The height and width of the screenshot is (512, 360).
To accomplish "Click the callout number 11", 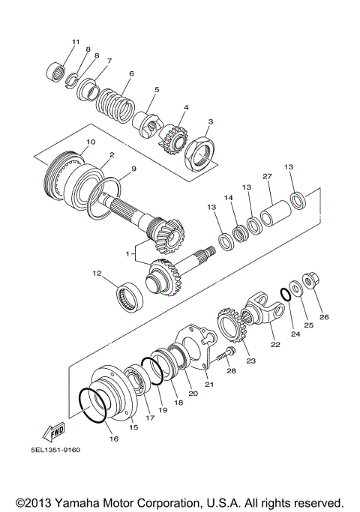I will (x=75, y=41).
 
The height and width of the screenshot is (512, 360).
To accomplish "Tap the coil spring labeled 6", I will (x=115, y=98).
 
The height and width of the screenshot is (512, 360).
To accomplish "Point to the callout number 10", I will (x=90, y=142).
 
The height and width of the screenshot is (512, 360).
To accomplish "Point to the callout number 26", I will (x=324, y=316).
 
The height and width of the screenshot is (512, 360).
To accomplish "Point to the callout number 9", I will (x=133, y=169).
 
